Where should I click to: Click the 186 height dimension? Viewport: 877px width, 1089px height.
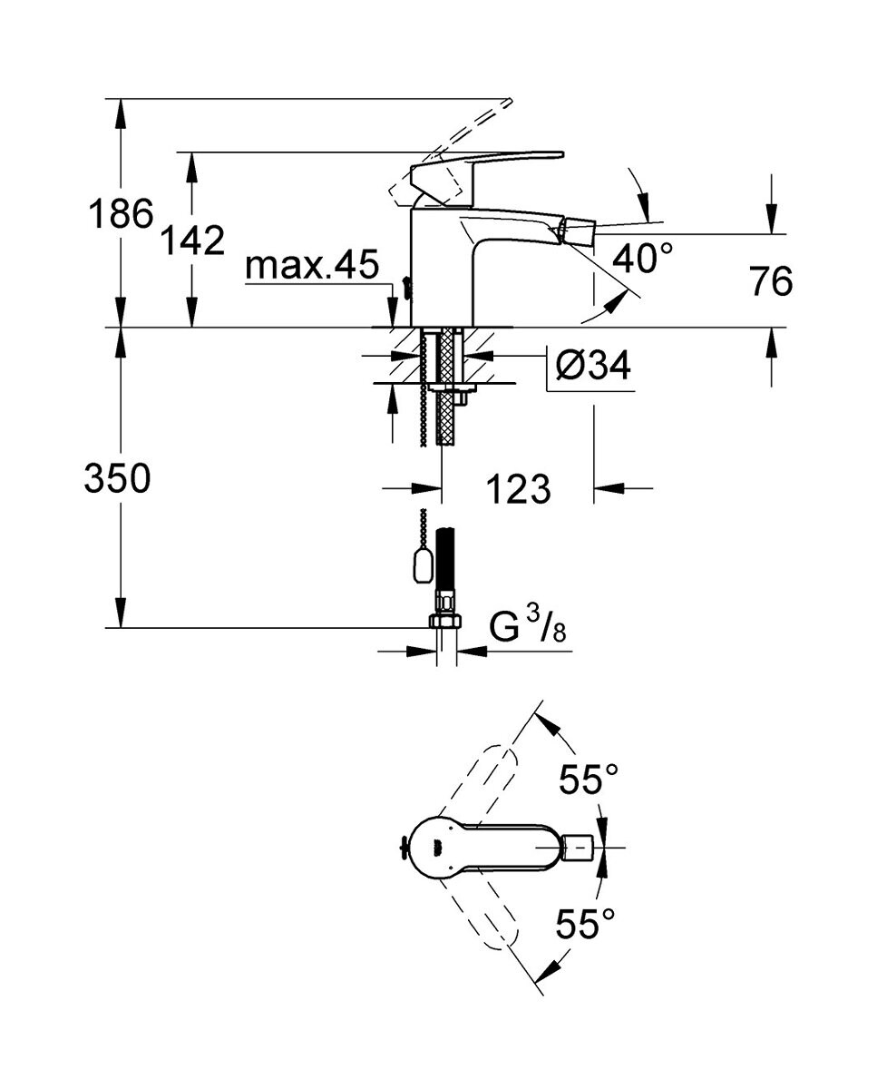[x=119, y=215]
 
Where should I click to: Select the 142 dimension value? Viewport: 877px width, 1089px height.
[x=191, y=241]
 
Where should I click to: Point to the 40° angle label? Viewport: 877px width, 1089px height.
[x=643, y=260]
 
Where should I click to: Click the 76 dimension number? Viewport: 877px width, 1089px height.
[x=771, y=282]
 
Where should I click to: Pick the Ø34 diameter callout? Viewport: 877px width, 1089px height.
[x=591, y=368]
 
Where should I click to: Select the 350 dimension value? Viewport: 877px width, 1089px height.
[x=117, y=478]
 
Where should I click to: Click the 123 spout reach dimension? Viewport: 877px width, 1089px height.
[x=518, y=490]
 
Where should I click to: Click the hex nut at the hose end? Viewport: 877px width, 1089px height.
[x=444, y=621]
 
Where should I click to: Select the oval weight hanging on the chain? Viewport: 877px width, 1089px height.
[x=422, y=568]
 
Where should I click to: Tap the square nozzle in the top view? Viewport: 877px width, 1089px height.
[x=578, y=849]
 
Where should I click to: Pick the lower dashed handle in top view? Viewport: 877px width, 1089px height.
[x=490, y=917]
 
